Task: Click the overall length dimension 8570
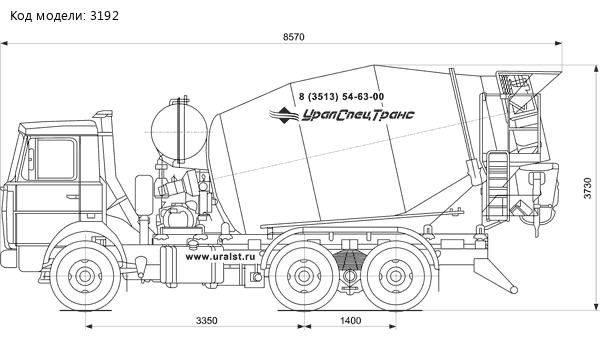pyautogui.click(x=293, y=37)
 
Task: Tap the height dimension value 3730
pyautogui.click(x=588, y=188)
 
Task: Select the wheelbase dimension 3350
pyautogui.click(x=207, y=320)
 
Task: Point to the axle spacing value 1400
pyautogui.click(x=351, y=320)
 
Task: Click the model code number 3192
pyautogui.click(x=104, y=16)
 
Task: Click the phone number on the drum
pyautogui.click(x=341, y=97)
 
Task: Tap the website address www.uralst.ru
pyautogui.click(x=220, y=257)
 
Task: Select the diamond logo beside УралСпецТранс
pyautogui.click(x=283, y=115)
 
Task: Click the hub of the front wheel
pyautogui.click(x=85, y=276)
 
